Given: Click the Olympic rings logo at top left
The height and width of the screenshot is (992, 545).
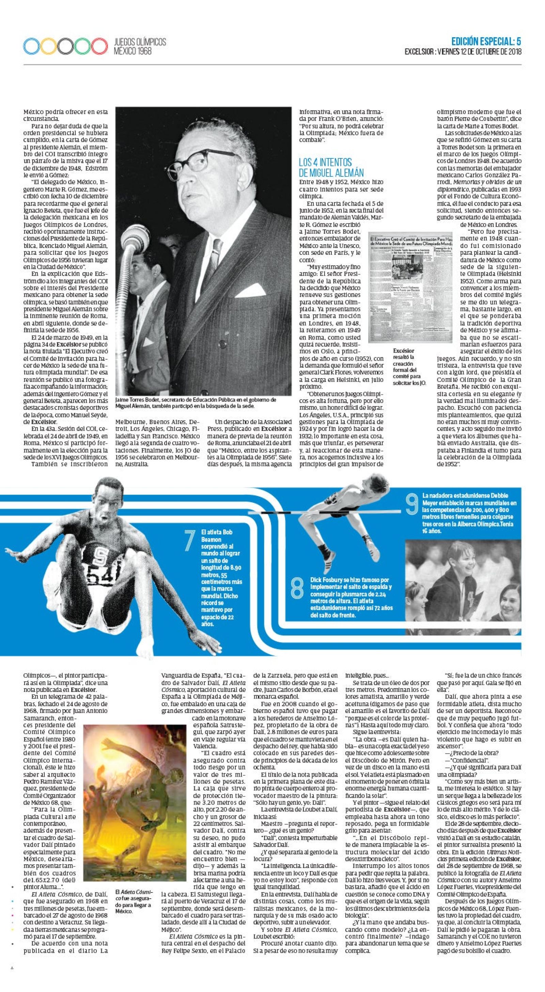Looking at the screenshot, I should (65, 46).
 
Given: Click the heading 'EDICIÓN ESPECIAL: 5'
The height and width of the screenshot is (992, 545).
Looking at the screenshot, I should (486, 42).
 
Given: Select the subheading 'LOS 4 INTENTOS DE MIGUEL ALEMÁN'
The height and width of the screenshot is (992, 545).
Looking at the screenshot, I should (331, 168).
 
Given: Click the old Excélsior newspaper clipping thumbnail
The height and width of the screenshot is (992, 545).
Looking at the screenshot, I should (405, 287).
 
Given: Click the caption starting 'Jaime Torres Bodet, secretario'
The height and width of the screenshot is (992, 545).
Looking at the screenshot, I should (196, 403).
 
